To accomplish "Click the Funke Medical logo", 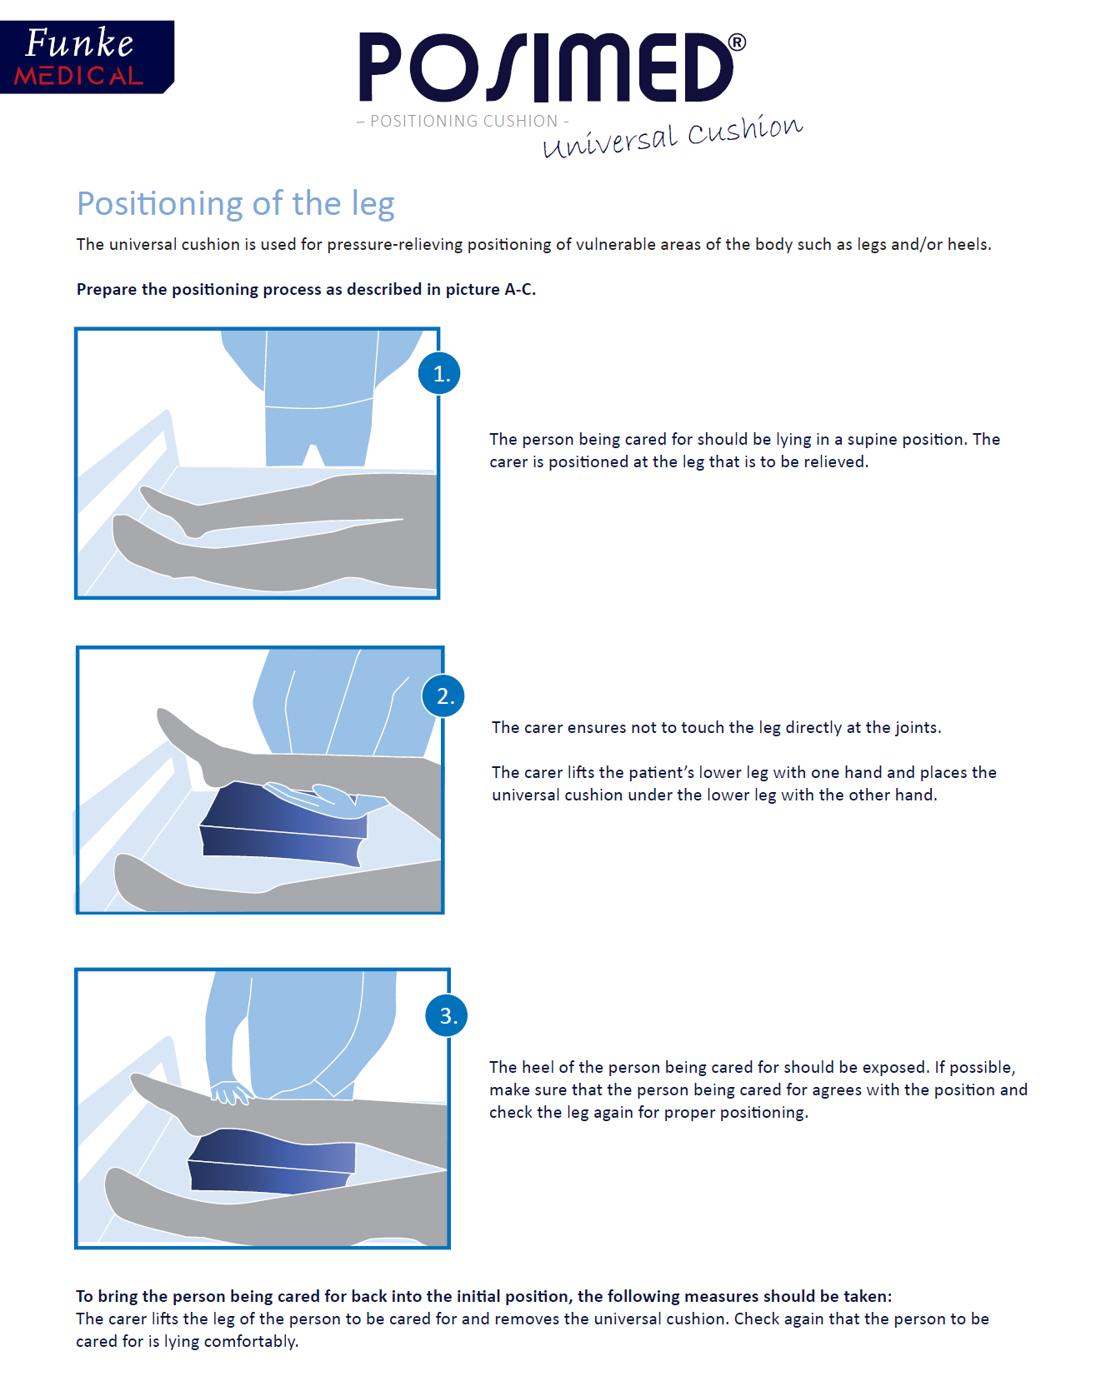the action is tap(87, 57).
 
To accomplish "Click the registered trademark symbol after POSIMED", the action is tap(737, 42).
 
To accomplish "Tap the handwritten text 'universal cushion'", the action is tap(673, 136).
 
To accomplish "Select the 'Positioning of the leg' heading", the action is tap(236, 204).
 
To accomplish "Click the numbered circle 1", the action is tap(439, 373).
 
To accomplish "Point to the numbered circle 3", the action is tap(447, 1015).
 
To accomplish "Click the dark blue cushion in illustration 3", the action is tap(272, 1160).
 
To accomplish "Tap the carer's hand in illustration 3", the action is tap(231, 1092).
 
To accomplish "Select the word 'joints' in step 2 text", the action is tap(917, 727).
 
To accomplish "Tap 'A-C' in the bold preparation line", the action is tap(518, 289).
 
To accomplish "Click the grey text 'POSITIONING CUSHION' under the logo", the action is tap(463, 121).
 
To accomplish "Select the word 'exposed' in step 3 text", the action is tap(894, 1068).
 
